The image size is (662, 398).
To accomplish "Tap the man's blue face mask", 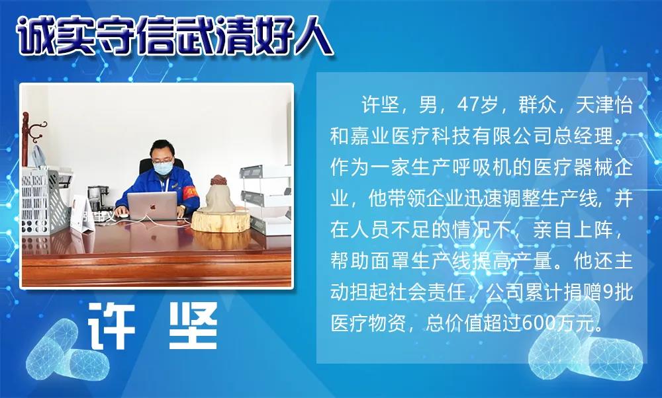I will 163,168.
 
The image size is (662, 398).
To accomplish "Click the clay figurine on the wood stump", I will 216,194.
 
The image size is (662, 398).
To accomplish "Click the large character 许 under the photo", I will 114,326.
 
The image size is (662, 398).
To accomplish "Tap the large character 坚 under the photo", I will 191,326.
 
